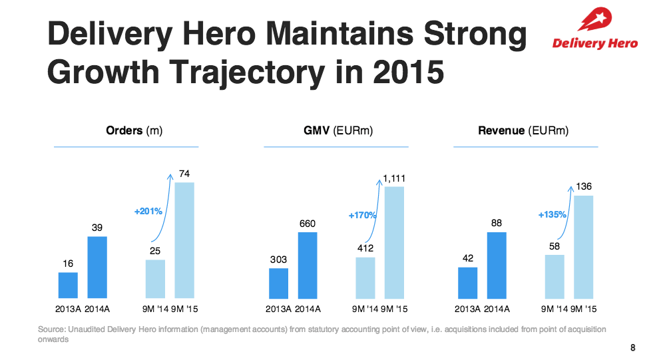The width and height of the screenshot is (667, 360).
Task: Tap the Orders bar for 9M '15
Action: pyautogui.click(x=184, y=240)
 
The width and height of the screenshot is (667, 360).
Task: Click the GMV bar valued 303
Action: pyautogui.click(x=278, y=283)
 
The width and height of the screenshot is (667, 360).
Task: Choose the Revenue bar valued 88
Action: pyautogui.click(x=497, y=265)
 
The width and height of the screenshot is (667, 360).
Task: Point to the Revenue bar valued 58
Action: pyautogui.click(x=555, y=276)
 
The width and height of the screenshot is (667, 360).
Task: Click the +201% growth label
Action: pyautogui.click(x=148, y=212)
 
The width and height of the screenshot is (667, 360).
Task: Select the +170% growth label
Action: pyautogui.click(x=362, y=216)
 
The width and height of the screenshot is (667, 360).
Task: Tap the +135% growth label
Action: pyautogui.click(x=552, y=215)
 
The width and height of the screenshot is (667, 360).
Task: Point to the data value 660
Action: pyautogui.click(x=307, y=224)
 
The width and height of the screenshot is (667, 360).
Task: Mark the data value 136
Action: pyautogui.click(x=584, y=188)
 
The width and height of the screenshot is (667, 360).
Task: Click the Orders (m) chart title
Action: pyautogui.click(x=134, y=131)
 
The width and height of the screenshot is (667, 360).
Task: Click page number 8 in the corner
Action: pyautogui.click(x=632, y=347)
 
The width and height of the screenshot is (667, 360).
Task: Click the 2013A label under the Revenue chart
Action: pyautogui.click(x=469, y=309)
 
